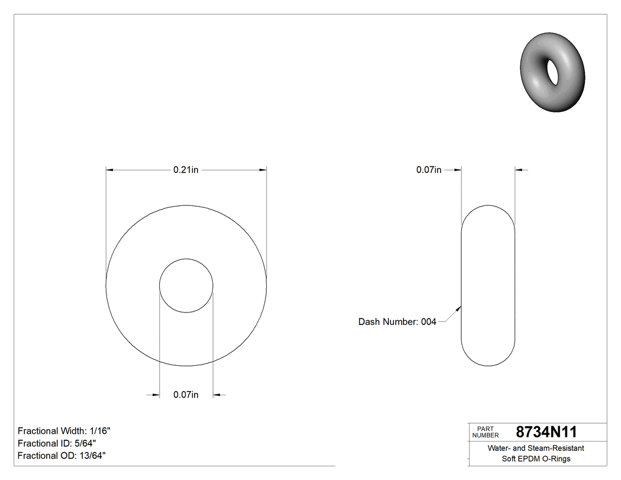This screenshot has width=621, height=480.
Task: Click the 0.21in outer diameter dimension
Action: [186, 170]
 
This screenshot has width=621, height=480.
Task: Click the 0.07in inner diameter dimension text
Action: [186, 395]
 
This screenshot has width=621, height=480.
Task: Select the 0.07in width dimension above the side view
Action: [429, 170]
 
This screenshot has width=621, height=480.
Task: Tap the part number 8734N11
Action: [546, 431]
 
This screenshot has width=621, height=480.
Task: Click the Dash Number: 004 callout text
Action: [397, 322]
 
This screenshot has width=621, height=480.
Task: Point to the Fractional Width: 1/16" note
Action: [64, 431]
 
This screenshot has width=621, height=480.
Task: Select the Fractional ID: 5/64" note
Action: [57, 443]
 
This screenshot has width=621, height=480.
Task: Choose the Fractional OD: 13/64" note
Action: [62, 455]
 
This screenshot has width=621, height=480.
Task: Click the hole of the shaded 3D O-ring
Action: [554, 71]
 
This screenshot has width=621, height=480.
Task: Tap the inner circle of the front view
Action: [186, 285]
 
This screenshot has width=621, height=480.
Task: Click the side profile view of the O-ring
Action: [488, 285]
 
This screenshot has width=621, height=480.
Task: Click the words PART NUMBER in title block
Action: [486, 431]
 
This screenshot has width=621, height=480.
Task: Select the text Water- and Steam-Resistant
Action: [536, 449]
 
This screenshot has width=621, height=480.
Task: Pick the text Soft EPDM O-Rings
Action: [536, 459]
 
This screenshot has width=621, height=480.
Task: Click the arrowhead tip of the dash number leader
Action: [461, 307]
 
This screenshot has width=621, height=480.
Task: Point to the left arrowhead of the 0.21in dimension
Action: [109, 170]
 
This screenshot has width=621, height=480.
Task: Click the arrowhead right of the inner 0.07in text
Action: [216, 395]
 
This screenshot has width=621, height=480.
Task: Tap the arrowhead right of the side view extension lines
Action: [519, 170]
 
